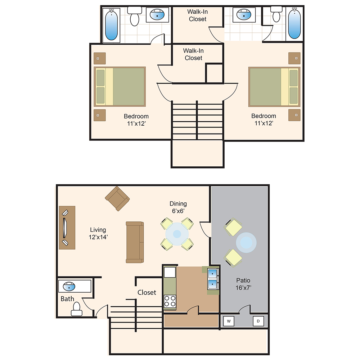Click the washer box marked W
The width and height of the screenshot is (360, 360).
click(x=229, y=321)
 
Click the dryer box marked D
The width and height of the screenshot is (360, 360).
click(x=258, y=321)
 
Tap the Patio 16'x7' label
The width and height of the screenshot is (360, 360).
click(x=243, y=284)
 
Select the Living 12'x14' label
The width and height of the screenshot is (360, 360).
click(x=98, y=233)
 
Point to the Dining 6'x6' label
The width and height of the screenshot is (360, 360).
click(x=178, y=207)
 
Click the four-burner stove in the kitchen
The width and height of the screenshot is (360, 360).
click(x=170, y=301)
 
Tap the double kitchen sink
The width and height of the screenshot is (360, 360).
click(x=213, y=279)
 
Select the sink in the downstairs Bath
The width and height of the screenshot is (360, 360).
click(x=69, y=286)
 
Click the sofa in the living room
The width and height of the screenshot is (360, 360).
click(x=135, y=242)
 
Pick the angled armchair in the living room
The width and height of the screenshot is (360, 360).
click(x=117, y=199)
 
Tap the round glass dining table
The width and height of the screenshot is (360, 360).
click(x=177, y=234)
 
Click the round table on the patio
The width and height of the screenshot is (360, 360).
click(x=246, y=243)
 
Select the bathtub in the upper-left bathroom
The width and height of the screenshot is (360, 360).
click(x=111, y=25)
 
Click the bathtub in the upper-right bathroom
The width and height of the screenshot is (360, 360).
click(x=294, y=23)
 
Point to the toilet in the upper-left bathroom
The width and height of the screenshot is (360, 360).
click(x=135, y=16)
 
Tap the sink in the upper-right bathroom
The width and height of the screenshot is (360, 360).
click(x=244, y=14)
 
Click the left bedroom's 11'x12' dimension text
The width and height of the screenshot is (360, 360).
click(x=136, y=123)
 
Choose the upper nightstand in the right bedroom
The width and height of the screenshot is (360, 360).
click(x=294, y=58)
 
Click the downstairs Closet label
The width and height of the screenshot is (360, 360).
click(x=147, y=292)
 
